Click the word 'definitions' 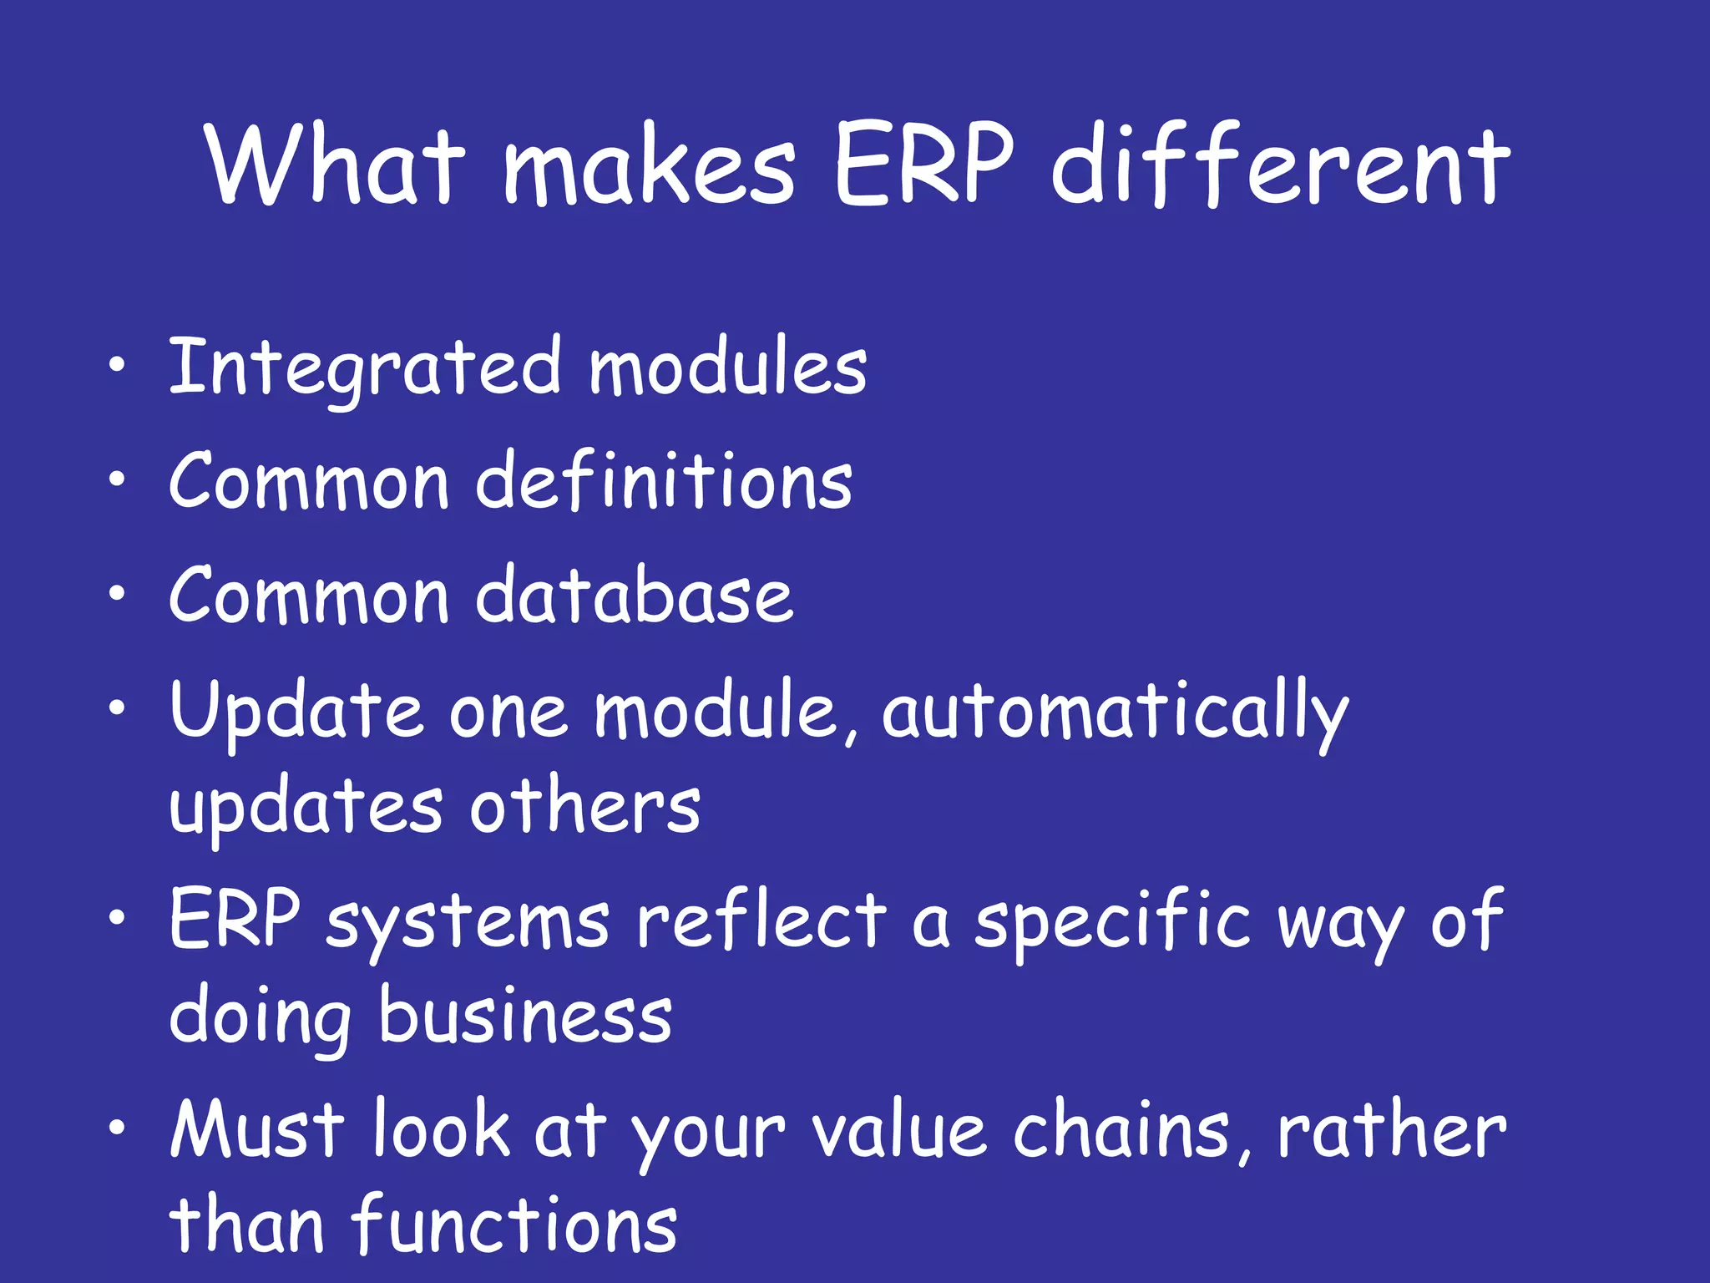pyautogui.click(x=664, y=482)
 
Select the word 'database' pyautogui.click(x=635, y=596)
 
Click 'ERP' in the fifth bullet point pyautogui.click(x=235, y=920)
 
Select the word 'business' pyautogui.click(x=525, y=1016)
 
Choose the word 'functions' pyautogui.click(x=514, y=1225)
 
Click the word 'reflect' pyautogui.click(x=761, y=920)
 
